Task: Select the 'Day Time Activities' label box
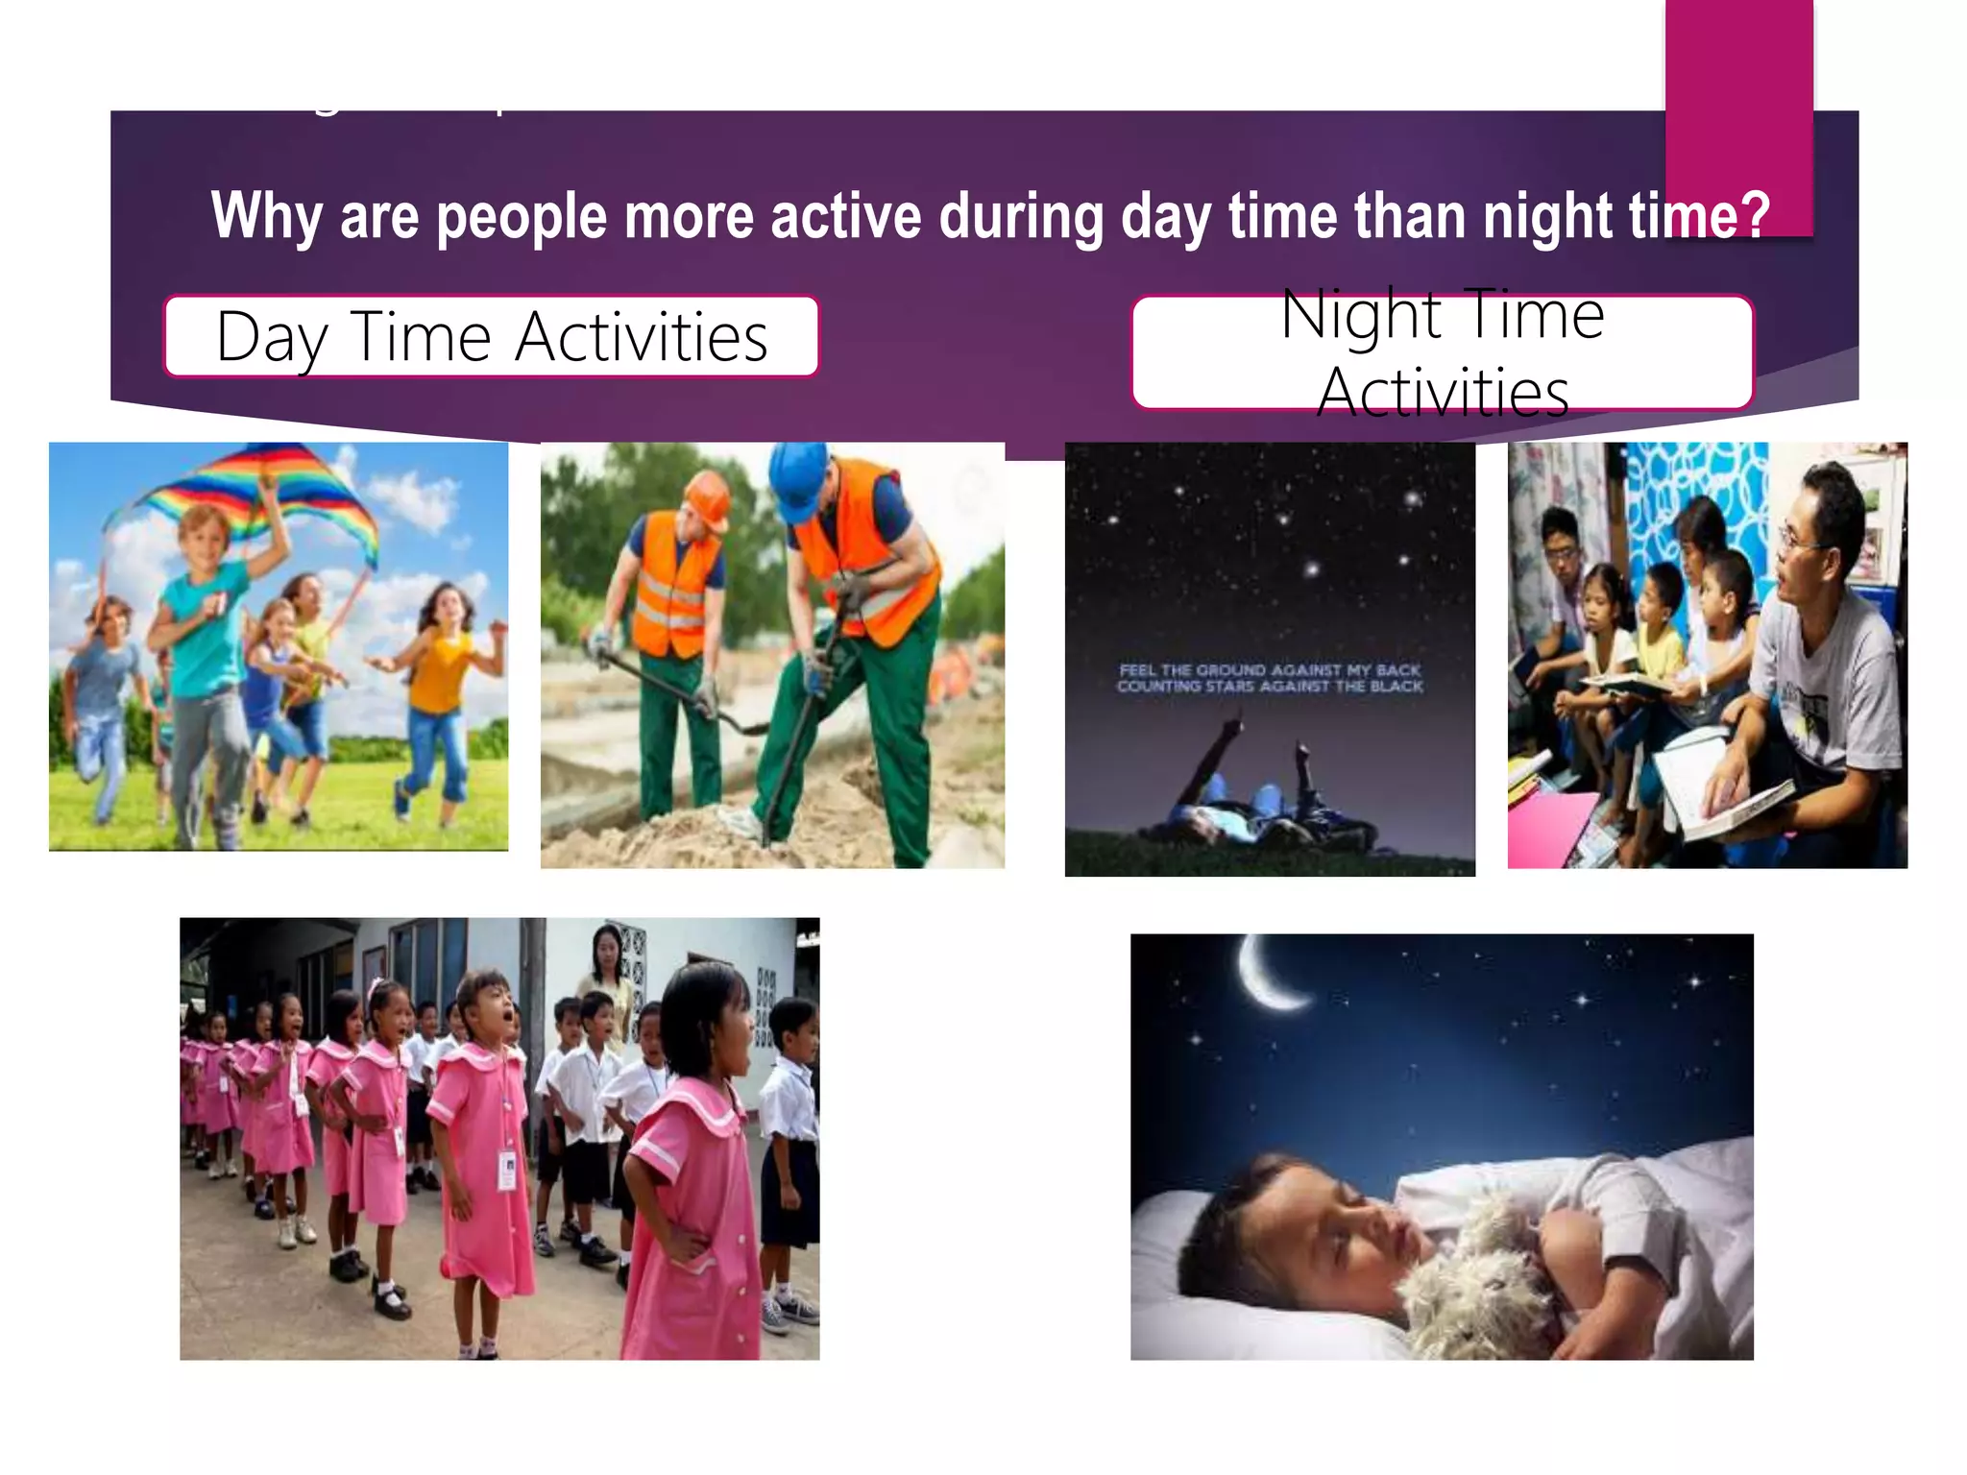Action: click(x=491, y=337)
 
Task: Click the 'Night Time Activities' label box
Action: click(x=1442, y=352)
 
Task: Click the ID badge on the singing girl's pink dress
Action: click(x=507, y=1171)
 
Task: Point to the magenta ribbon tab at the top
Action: click(x=1738, y=115)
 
